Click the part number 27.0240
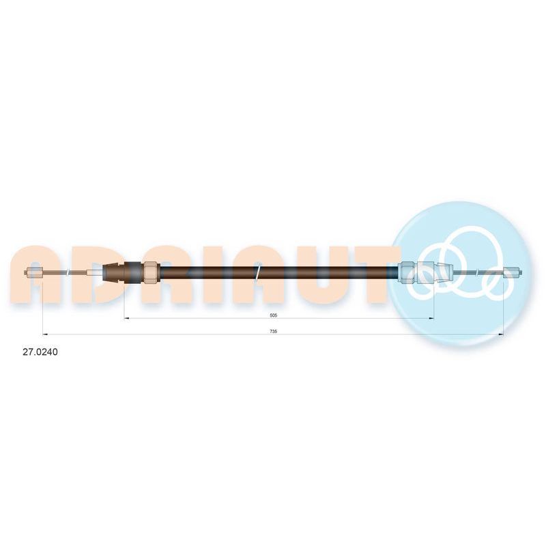coord(40,352)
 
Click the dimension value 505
coord(274,315)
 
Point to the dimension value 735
coord(274,332)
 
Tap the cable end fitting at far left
coord(34,272)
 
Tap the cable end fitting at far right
coord(513,272)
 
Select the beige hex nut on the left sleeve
coord(152,272)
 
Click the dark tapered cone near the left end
coord(114,272)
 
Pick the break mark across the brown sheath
coord(258,272)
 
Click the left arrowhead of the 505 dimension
coord(127,318)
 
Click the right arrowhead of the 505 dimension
coord(431,318)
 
